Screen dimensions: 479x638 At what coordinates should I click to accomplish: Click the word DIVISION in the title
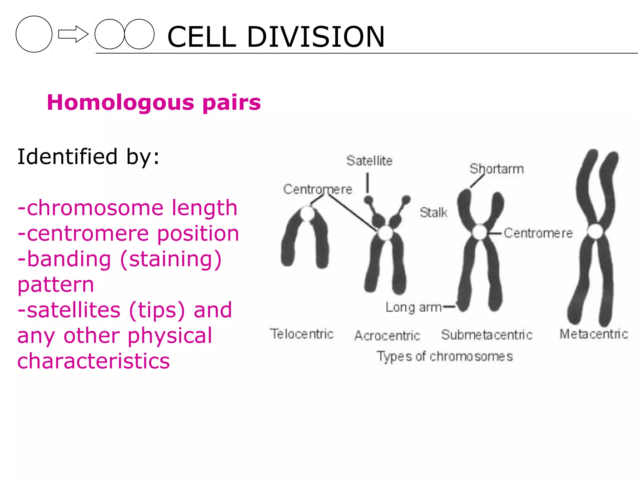(316, 37)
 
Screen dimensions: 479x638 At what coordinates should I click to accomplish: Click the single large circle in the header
(34, 34)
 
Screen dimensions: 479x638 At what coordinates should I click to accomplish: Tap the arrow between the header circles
(73, 34)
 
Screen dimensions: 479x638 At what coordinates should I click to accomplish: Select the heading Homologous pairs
(154, 103)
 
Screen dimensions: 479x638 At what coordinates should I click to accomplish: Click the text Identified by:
(88, 157)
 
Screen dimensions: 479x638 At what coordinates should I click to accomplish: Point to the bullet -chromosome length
(127, 208)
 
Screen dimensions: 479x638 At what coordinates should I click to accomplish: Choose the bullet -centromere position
(128, 234)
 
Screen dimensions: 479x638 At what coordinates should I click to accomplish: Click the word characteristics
(93, 361)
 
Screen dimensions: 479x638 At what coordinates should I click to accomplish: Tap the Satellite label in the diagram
(369, 161)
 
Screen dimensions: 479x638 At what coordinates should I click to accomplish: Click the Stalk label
(433, 213)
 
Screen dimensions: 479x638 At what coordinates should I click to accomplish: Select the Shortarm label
(497, 169)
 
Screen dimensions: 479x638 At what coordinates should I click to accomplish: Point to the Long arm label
(413, 307)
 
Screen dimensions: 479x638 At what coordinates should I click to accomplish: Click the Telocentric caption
(302, 334)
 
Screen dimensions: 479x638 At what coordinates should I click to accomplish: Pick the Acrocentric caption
(387, 336)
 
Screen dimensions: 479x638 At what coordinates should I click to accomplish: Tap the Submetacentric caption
(487, 335)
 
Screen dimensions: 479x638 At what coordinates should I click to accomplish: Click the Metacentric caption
(594, 334)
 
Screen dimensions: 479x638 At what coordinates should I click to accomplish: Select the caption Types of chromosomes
(445, 356)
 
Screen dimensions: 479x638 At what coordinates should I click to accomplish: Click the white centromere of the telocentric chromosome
(307, 214)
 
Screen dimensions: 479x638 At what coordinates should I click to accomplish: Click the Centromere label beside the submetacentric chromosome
(538, 233)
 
